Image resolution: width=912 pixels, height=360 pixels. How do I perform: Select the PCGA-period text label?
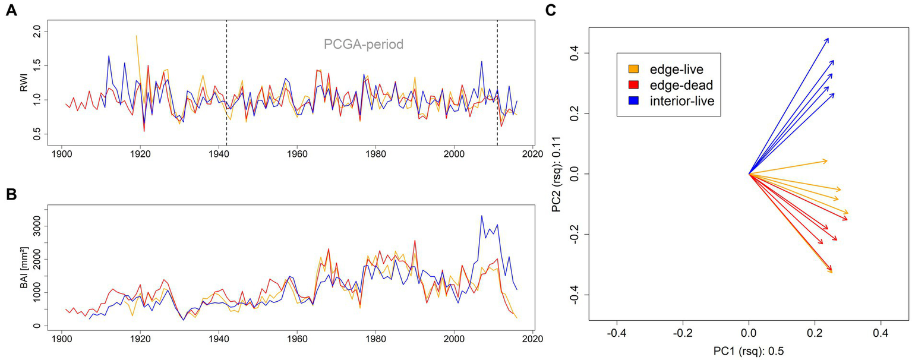364,45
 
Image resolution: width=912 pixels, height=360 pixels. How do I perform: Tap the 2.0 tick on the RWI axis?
36,30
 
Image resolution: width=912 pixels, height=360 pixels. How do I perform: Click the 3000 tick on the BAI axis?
36,227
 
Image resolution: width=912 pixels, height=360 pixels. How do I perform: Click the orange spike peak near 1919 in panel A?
137,36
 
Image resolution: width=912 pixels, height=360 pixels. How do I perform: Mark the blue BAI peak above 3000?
482,216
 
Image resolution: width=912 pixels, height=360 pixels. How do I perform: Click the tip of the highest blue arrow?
828,38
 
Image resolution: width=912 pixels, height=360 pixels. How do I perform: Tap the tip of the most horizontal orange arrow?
827,160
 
